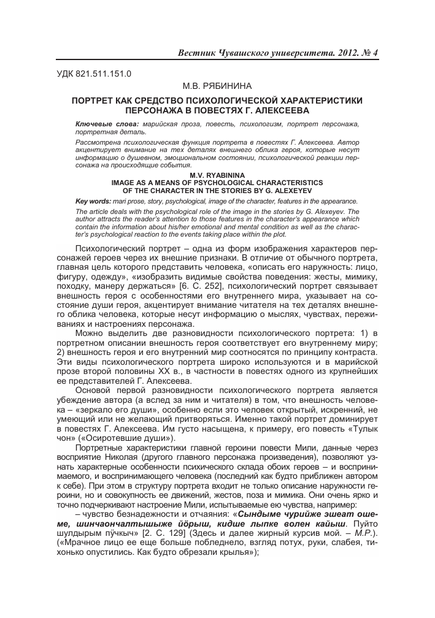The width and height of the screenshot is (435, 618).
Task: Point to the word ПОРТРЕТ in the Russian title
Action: coord(98,101)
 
